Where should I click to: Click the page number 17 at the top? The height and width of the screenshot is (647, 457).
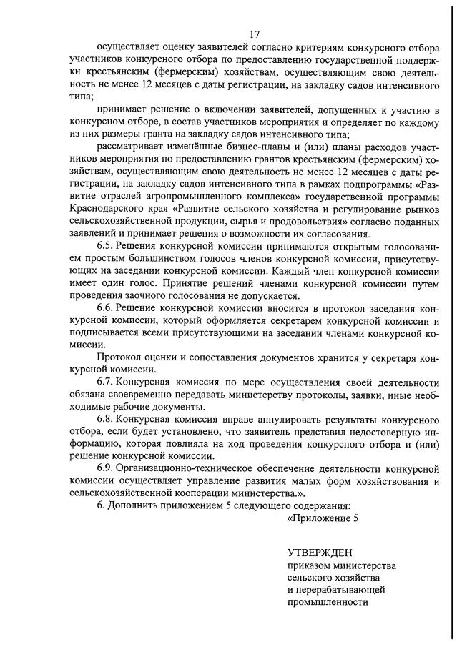[255, 34]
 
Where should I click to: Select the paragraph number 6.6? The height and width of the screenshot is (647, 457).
[107, 308]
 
